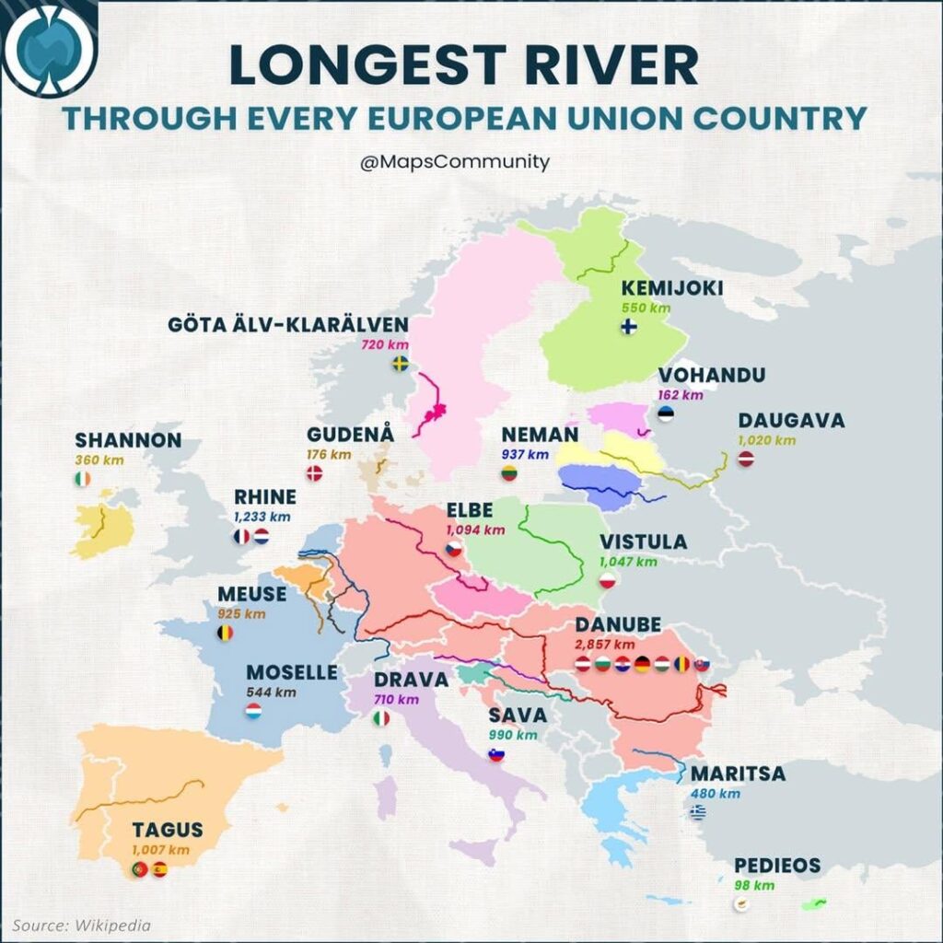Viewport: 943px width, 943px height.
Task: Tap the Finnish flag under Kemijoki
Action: tap(629, 327)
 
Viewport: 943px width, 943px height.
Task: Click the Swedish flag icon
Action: tap(401, 364)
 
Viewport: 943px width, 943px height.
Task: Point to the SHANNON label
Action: tap(128, 440)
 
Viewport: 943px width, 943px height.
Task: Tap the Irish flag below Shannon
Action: tap(83, 479)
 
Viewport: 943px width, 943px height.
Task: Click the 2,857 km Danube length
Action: tap(604, 644)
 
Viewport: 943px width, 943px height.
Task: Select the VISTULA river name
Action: tap(643, 541)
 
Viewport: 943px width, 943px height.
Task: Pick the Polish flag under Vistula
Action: tap(607, 580)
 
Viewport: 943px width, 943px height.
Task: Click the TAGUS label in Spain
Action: tap(167, 830)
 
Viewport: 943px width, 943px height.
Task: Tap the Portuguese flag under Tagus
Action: tap(140, 868)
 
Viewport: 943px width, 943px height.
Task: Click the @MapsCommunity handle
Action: tap(455, 162)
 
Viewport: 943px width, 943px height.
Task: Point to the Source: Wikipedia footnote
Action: tap(82, 925)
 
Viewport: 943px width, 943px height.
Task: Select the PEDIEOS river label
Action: tap(776, 866)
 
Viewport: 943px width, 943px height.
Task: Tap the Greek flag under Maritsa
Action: tap(698, 812)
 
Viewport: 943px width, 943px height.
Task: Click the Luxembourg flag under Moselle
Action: tap(254, 711)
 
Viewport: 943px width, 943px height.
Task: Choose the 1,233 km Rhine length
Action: tap(262, 517)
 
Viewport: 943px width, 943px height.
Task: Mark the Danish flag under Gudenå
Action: tap(314, 473)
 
